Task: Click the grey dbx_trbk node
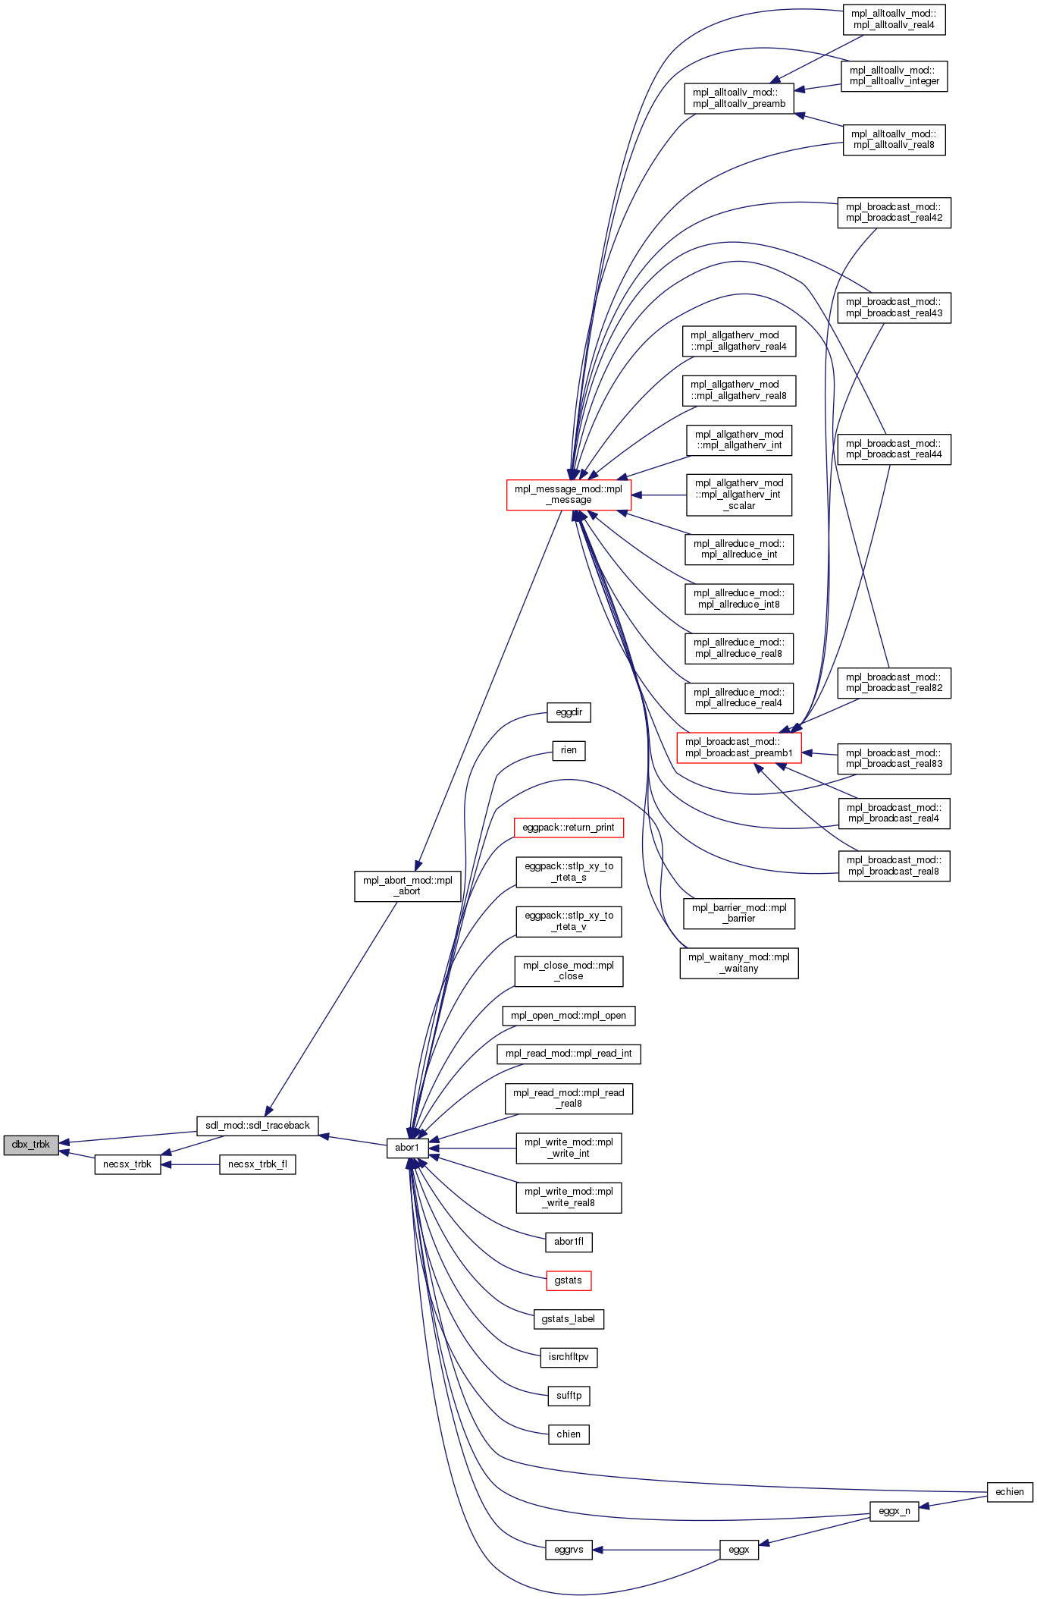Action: point(31,1145)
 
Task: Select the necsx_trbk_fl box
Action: point(257,1164)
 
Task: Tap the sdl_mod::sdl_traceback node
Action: point(257,1126)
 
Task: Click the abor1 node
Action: point(407,1148)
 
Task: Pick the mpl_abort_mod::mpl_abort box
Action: point(407,886)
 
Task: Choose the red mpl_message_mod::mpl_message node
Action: point(569,495)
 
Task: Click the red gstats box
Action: point(568,1280)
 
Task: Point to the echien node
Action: point(1009,1492)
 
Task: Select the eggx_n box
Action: point(894,1511)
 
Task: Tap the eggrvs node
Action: point(569,1550)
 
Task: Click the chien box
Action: point(569,1434)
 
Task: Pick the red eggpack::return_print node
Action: point(569,828)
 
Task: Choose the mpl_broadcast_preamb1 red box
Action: point(739,748)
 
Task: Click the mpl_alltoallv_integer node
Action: point(894,76)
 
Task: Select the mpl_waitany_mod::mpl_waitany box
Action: point(739,963)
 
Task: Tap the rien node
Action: point(569,750)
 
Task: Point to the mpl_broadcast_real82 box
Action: point(894,683)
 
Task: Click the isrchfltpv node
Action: point(569,1357)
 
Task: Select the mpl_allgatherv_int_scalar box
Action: point(739,495)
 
